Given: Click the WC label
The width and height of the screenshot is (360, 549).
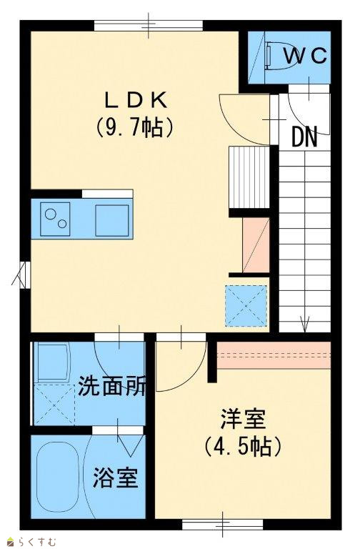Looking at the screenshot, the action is [x=305, y=56].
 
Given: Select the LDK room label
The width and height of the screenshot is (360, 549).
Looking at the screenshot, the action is [x=136, y=101].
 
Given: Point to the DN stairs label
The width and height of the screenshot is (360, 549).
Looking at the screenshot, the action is [x=304, y=137].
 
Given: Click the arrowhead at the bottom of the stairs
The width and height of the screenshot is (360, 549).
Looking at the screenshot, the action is [x=305, y=324].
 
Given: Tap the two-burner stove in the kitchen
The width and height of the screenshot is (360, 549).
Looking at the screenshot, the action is [x=55, y=219].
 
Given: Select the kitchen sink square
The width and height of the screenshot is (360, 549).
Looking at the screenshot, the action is [x=112, y=220].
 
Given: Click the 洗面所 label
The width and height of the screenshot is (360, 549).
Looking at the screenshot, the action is [x=111, y=386].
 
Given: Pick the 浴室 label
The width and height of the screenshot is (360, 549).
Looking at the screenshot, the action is [x=116, y=478].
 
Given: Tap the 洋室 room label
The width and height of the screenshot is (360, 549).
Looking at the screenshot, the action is [x=243, y=418].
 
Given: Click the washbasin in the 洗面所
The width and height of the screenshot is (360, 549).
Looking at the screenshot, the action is [x=52, y=362].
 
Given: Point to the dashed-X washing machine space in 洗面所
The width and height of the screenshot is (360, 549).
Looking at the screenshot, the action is [x=55, y=405].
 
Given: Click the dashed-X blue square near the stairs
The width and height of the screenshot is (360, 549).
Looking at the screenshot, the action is [x=246, y=306].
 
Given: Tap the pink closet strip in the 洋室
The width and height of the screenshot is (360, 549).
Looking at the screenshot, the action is [x=274, y=355].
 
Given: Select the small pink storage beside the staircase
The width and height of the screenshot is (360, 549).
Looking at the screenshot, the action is [x=256, y=245].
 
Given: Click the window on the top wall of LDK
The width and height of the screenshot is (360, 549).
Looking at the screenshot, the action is [x=149, y=26].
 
